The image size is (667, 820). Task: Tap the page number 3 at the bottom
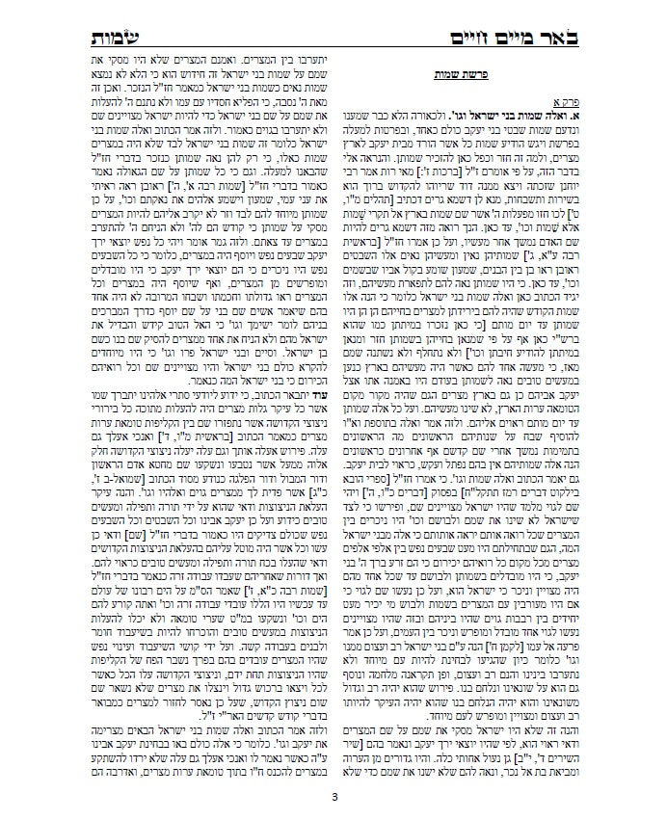[333, 796]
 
